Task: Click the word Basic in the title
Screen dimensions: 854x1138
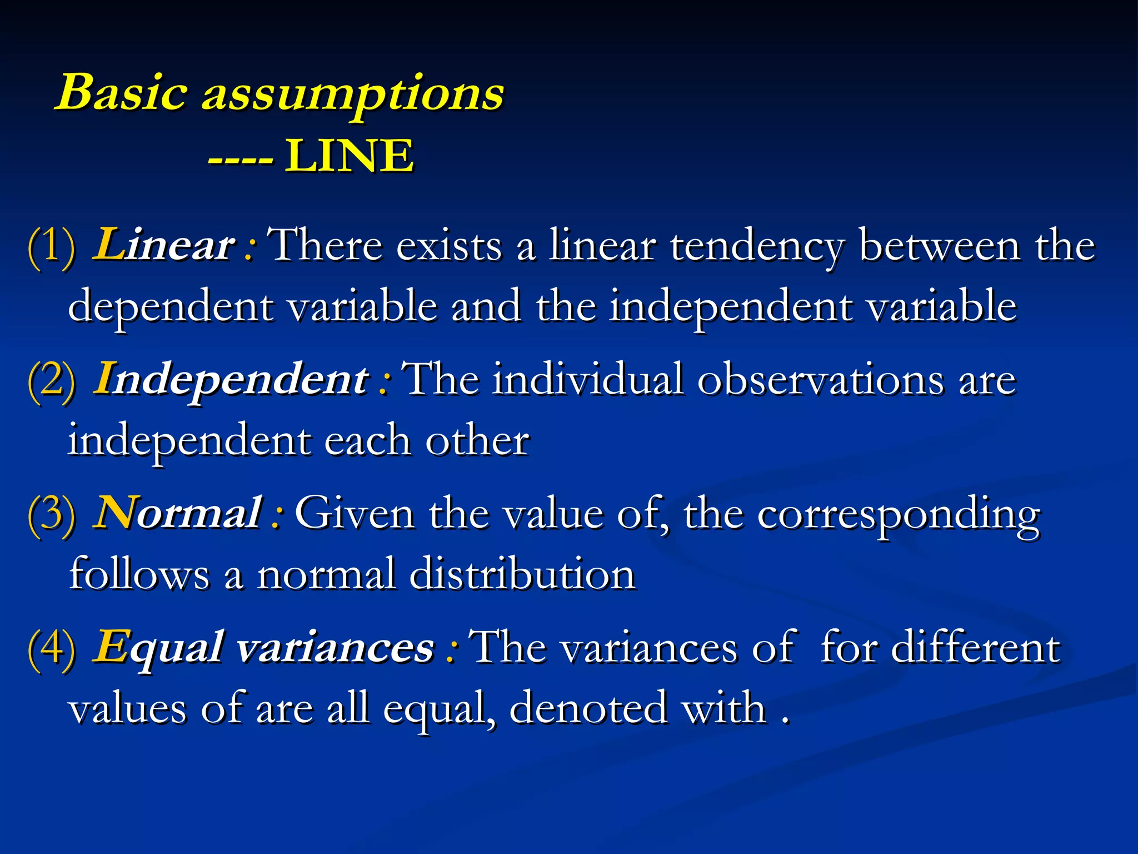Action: [x=121, y=92]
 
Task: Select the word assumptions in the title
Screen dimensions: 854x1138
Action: [x=352, y=95]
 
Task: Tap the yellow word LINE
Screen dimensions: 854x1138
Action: [x=350, y=156]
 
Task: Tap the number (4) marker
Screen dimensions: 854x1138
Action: [x=51, y=648]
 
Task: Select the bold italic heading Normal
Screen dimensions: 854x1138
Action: [x=178, y=513]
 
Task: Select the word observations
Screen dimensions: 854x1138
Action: [x=820, y=380]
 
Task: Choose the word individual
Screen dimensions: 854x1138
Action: [x=588, y=380]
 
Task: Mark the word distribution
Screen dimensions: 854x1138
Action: [x=522, y=574]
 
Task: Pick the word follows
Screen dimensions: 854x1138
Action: [x=139, y=574]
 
